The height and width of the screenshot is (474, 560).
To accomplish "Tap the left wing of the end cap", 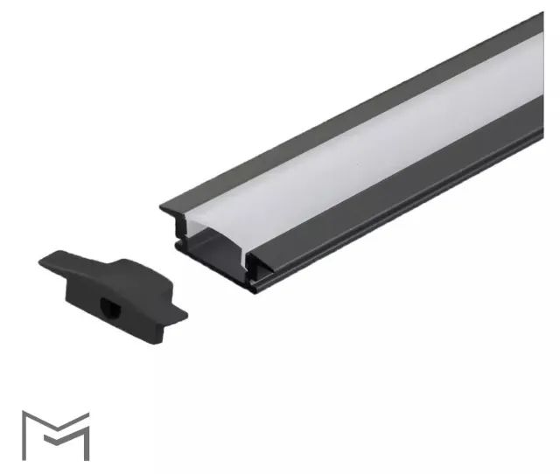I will point(53,260).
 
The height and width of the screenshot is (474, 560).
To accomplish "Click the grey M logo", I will point(55,435).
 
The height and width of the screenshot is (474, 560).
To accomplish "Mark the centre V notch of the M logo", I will point(55,428).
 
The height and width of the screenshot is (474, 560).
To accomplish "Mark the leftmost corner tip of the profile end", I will point(161,208).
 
